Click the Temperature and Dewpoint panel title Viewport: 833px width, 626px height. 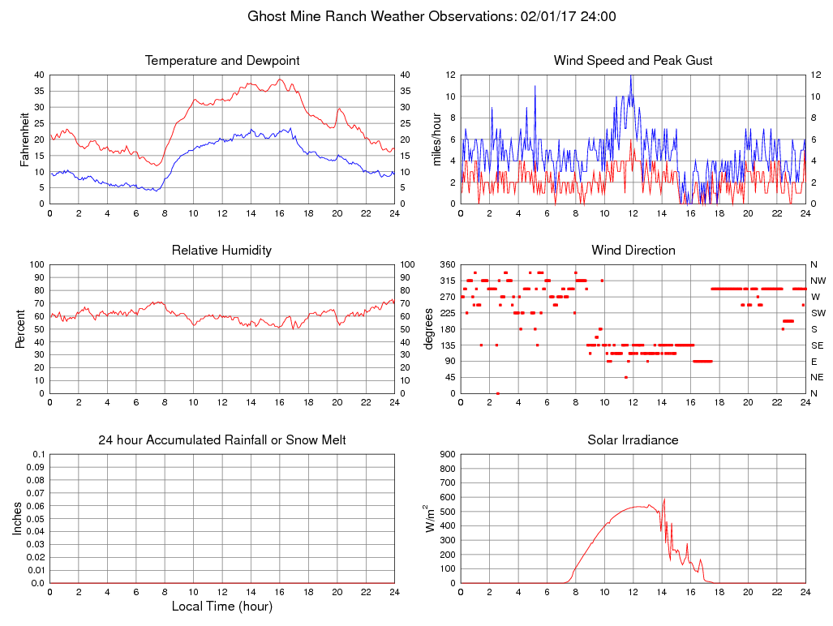[x=222, y=61]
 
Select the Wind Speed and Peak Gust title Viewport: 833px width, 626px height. [x=633, y=61]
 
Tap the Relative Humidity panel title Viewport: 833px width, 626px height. [x=221, y=250]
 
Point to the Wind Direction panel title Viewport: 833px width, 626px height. [x=633, y=250]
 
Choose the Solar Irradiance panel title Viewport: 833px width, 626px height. [x=633, y=440]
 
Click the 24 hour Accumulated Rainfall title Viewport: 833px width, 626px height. [x=222, y=440]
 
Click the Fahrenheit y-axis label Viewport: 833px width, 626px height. [x=24, y=139]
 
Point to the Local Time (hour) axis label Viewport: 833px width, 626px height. [x=222, y=606]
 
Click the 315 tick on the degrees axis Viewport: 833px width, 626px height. [x=444, y=281]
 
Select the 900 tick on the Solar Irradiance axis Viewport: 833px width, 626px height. [x=444, y=454]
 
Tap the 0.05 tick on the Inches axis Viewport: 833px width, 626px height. [x=35, y=519]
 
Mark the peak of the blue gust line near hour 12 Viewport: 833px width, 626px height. [x=630, y=76]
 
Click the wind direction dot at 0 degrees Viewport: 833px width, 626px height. [x=498, y=393]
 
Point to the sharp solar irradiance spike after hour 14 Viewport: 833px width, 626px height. [x=664, y=500]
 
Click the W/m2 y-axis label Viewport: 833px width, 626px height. [x=430, y=519]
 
